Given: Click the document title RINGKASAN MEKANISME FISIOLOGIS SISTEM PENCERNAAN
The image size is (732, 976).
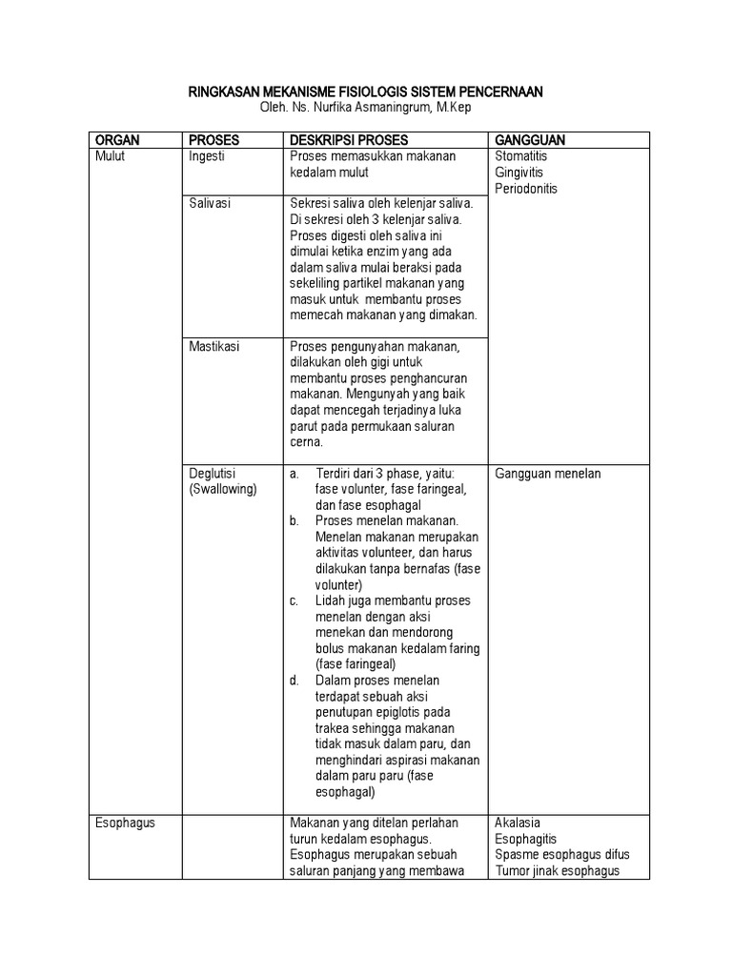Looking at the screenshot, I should (366, 91).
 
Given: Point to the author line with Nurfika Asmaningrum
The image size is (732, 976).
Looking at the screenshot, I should (366, 108).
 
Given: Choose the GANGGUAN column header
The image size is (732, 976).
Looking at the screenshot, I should (530, 140).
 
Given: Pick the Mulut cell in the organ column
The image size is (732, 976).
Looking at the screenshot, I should (111, 156).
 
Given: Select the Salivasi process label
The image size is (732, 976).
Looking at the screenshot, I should (211, 204).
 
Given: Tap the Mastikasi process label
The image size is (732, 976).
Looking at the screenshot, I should (214, 347).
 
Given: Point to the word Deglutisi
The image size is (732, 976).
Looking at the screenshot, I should (213, 474).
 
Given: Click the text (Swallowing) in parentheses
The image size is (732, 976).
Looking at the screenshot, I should (223, 490).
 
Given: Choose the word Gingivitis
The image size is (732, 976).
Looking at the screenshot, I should (521, 173).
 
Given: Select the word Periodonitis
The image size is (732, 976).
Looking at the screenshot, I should (527, 189).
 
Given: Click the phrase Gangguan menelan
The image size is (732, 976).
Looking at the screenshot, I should (548, 474).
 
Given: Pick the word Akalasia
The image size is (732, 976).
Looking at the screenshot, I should (519, 823).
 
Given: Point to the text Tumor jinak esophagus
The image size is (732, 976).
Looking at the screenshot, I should (558, 870).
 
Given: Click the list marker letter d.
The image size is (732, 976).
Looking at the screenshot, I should (295, 680).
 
